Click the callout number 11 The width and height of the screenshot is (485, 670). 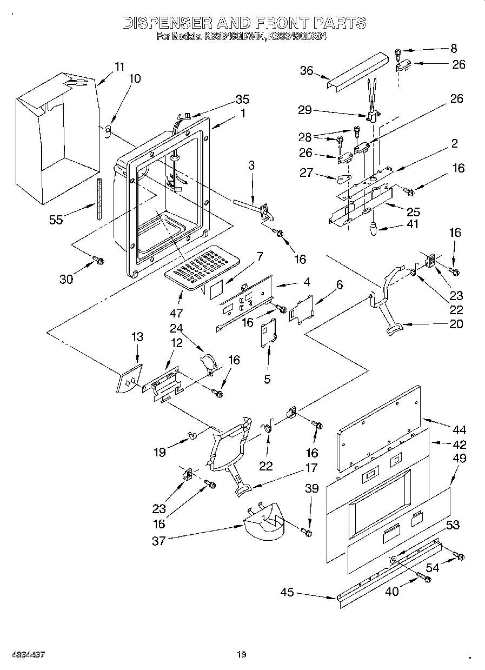click(x=119, y=67)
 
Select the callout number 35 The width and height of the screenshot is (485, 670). click(x=242, y=99)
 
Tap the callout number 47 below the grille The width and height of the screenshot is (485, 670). click(x=177, y=312)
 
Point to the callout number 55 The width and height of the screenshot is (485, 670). click(x=56, y=219)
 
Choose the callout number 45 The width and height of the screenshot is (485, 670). click(x=288, y=593)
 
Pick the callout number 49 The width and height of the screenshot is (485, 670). click(x=459, y=458)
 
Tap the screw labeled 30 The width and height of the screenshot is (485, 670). click(x=99, y=261)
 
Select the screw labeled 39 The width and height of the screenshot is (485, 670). click(x=309, y=533)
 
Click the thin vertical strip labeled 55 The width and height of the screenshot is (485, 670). click(x=99, y=197)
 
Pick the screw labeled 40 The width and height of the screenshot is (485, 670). click(x=425, y=579)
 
